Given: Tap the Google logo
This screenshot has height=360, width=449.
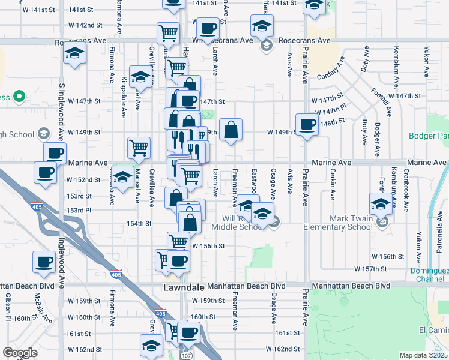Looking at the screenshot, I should [20, 353].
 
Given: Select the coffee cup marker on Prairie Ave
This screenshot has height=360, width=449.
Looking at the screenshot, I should [307, 125].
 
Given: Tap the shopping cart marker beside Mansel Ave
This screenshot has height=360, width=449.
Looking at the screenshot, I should [139, 147].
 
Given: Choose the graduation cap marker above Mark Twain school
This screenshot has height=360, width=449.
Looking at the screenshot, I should [381, 203].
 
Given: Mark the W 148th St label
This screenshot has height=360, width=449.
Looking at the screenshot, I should [332, 121].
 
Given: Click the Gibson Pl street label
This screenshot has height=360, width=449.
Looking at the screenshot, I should [8, 307].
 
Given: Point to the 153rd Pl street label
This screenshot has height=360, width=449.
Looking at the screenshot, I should [79, 210].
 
